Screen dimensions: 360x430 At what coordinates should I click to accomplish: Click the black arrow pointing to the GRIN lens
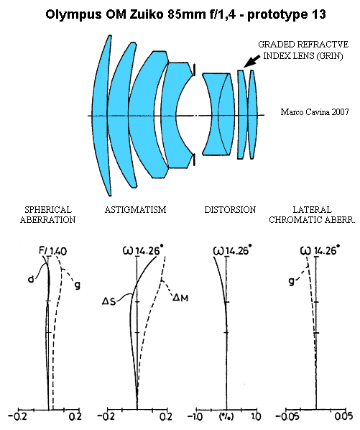[x=251, y=61]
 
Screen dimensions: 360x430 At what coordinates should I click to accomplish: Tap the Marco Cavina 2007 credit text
[x=315, y=112]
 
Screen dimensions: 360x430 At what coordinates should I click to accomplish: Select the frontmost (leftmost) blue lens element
[x=101, y=116]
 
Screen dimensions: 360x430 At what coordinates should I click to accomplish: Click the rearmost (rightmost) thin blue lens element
[x=253, y=114]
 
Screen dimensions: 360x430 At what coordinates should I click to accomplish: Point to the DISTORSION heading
[x=230, y=210]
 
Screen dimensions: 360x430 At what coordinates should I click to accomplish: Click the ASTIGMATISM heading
[x=135, y=210]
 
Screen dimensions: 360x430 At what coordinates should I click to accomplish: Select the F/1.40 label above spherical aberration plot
[x=52, y=251]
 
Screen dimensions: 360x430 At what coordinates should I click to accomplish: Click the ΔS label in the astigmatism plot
[x=109, y=301]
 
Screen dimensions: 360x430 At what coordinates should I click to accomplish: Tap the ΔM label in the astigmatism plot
[x=180, y=298]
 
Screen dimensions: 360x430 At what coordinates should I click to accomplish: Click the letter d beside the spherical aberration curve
[x=31, y=279]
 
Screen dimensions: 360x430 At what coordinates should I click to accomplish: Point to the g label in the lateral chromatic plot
[x=292, y=281]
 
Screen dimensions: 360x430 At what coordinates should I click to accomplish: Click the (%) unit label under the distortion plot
[x=226, y=416]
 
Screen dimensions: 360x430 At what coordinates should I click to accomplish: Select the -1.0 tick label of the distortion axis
[x=195, y=416]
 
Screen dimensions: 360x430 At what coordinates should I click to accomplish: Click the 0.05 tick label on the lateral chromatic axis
[x=343, y=416]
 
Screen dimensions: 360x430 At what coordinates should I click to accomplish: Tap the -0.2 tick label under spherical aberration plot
[x=17, y=416]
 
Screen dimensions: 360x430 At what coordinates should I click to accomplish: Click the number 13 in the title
[x=318, y=14]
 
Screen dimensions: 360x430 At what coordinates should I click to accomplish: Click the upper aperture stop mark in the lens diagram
[x=194, y=70]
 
